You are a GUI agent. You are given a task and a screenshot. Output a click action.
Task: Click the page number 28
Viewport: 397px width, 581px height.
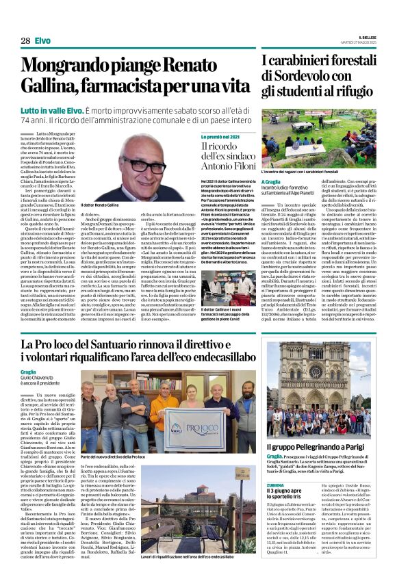25,41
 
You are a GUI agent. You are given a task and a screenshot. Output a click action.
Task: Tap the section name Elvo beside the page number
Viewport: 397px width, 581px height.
42,41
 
